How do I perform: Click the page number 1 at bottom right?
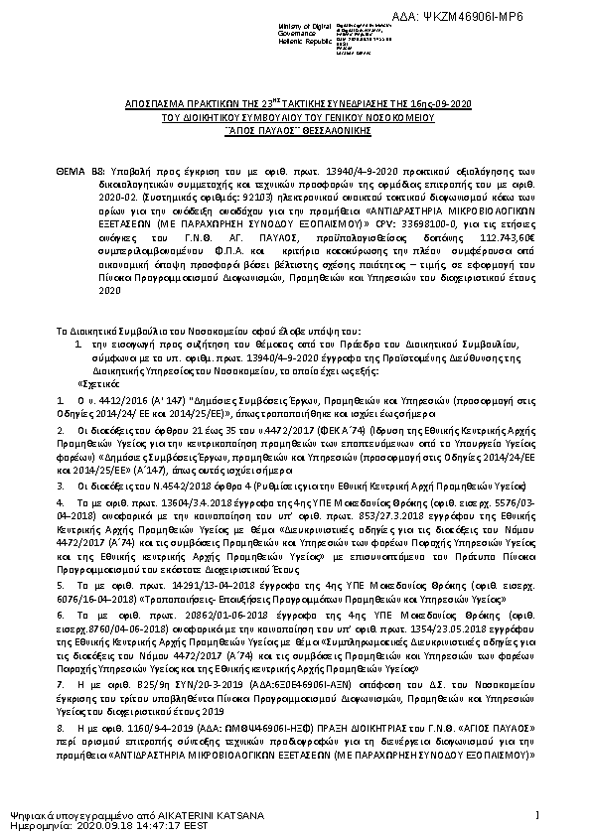click(x=535, y=815)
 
